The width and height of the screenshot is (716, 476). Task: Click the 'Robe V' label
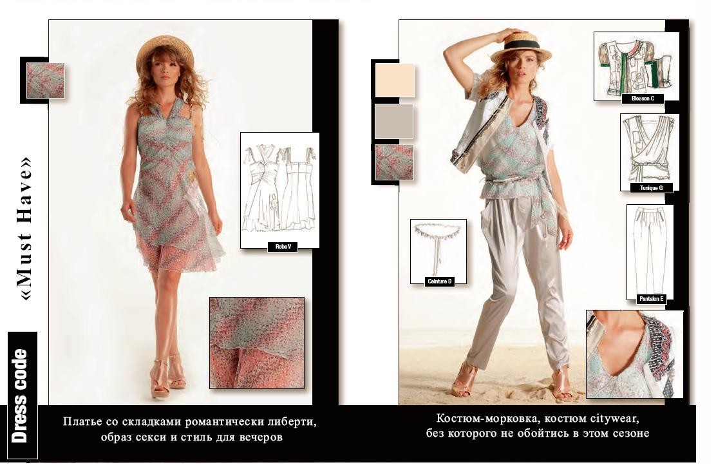[x=283, y=247]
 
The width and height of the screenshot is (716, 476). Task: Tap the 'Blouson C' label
[x=643, y=98]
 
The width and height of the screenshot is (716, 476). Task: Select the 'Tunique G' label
[x=651, y=187]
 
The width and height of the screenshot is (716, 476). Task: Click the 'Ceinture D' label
[x=439, y=281]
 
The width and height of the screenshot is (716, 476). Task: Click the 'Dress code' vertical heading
[x=20, y=395]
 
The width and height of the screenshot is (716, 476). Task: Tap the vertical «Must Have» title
[x=26, y=229]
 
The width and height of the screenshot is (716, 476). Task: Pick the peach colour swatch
[x=395, y=80]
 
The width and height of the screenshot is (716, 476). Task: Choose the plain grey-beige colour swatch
[x=394, y=121]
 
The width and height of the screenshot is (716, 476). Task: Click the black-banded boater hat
[x=522, y=46]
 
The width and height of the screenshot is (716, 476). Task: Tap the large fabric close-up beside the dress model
[x=257, y=343]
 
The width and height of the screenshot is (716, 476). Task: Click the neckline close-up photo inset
[x=635, y=354]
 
